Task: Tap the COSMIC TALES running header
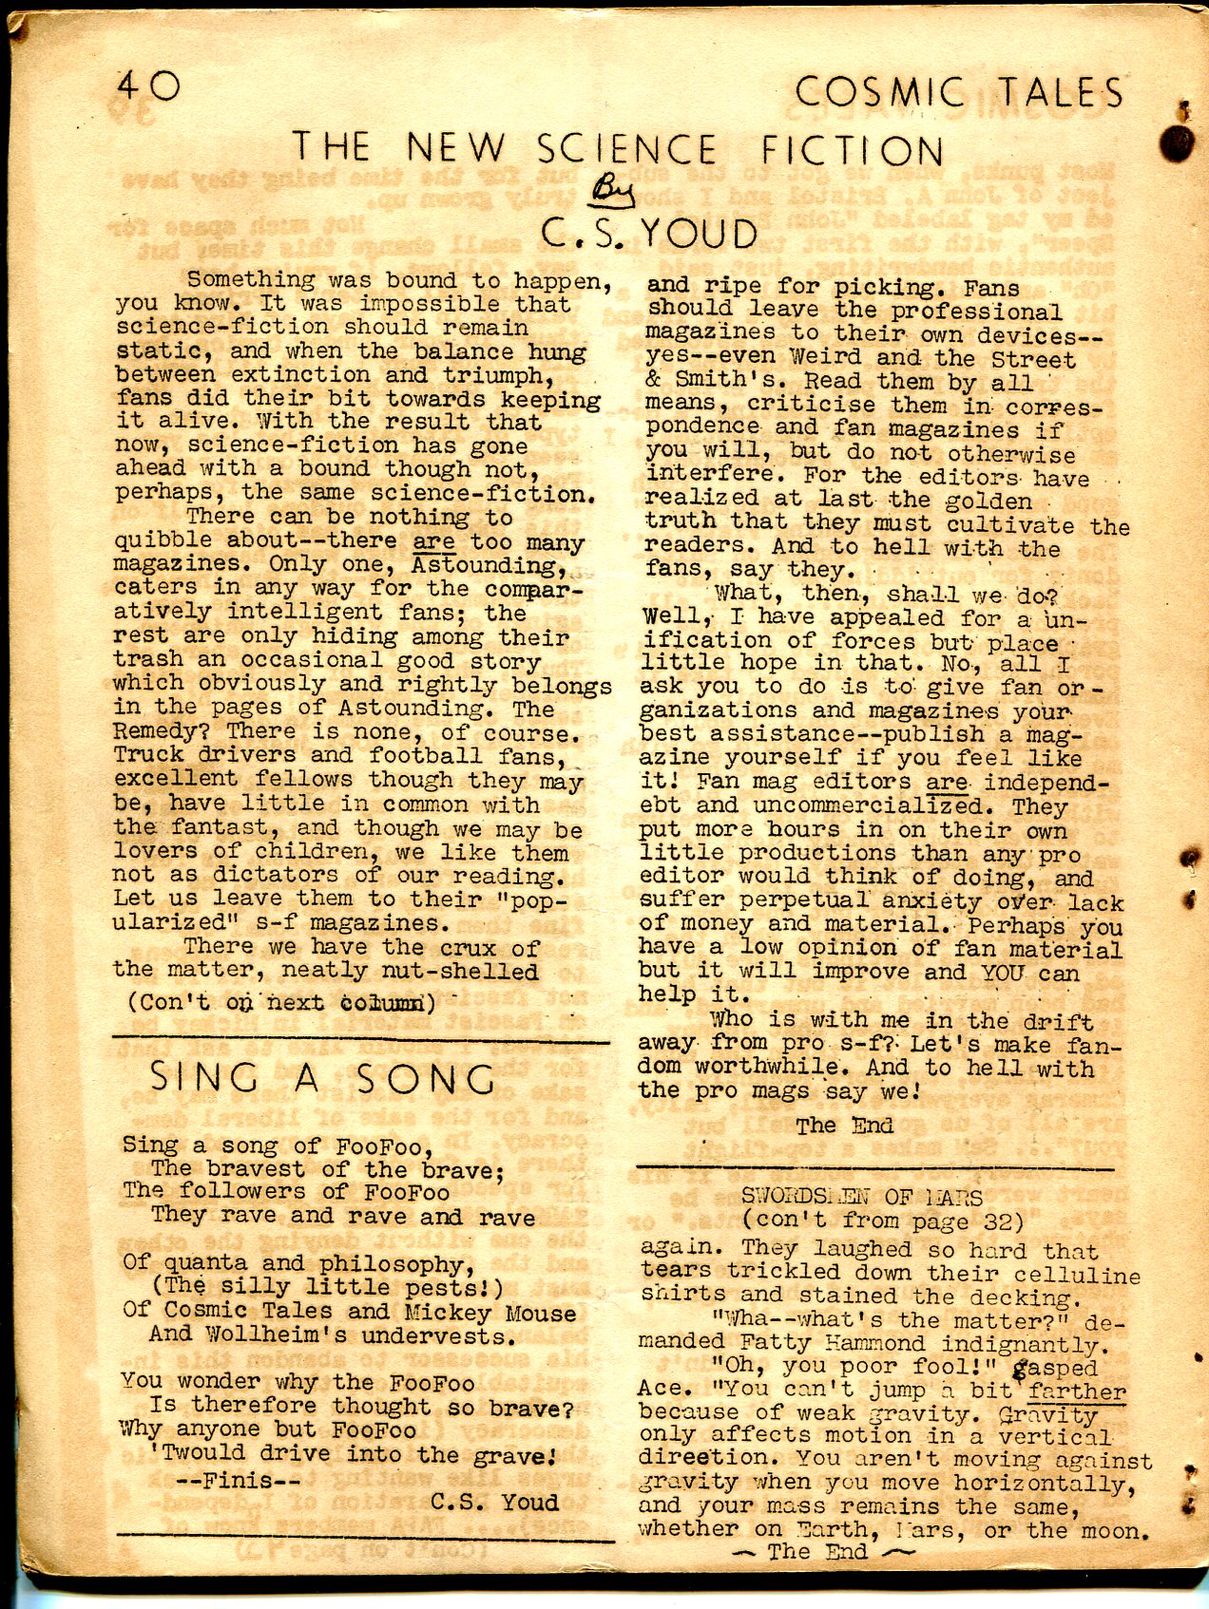pyautogui.click(x=959, y=93)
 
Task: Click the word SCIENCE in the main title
pyautogui.click(x=626, y=150)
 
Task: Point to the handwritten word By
pyautogui.click(x=604, y=194)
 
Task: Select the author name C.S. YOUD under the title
pyautogui.click(x=649, y=234)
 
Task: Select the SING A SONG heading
pyautogui.click(x=322, y=1079)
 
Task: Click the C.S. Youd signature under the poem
pyautogui.click(x=494, y=1502)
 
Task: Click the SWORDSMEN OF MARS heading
pyautogui.click(x=861, y=1196)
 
